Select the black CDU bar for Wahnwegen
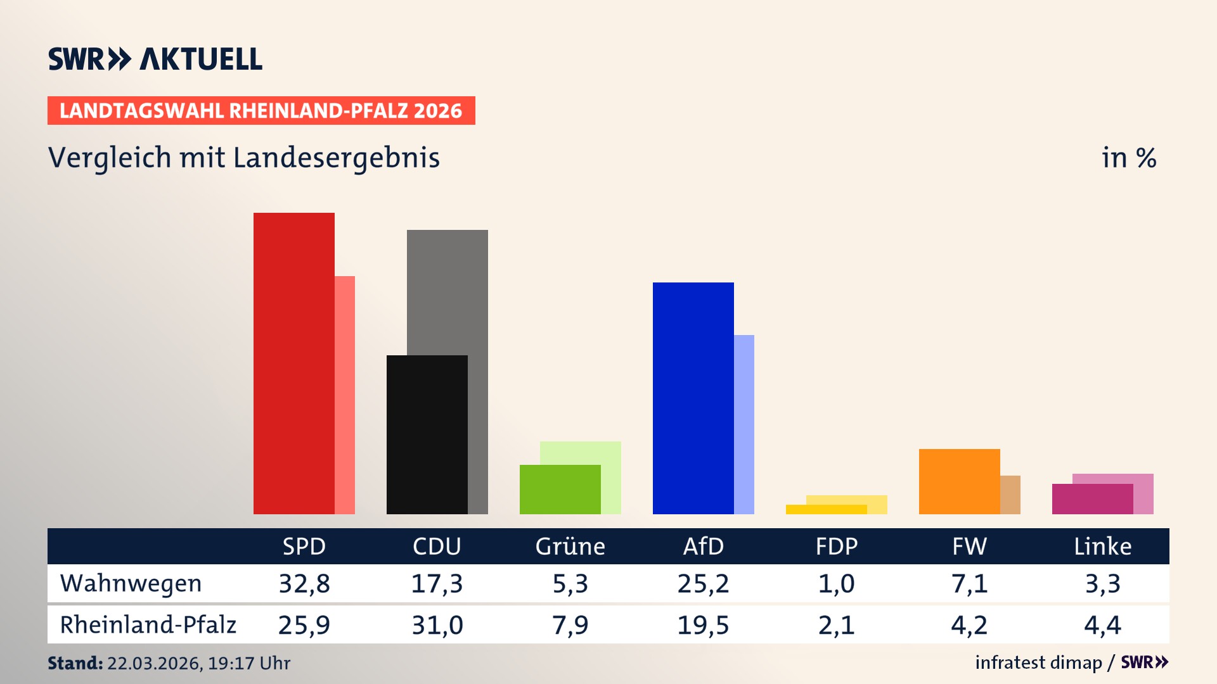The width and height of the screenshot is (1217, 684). tap(427, 434)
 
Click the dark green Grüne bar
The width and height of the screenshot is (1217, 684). tap(560, 489)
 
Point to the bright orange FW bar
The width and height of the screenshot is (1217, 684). tap(959, 481)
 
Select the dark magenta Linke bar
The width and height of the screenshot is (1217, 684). tap(1092, 499)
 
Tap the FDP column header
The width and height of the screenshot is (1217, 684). tap(836, 546)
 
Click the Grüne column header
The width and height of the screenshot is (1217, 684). tap(570, 546)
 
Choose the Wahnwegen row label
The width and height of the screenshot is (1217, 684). tap(131, 583)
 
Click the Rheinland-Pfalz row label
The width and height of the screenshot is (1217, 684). tap(148, 624)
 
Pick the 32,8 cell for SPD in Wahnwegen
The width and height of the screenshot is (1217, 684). tap(304, 583)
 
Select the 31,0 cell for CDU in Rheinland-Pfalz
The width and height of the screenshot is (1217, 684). tap(437, 625)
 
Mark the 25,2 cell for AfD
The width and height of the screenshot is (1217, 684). tap(703, 583)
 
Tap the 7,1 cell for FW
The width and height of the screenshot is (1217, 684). tap(969, 583)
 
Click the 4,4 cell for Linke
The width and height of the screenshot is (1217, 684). tap(1102, 625)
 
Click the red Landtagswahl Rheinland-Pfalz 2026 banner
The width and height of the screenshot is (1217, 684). tap(261, 111)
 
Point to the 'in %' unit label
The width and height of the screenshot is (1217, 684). tap(1128, 158)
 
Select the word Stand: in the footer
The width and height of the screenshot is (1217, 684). tap(75, 663)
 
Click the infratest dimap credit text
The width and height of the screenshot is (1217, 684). tap(1038, 662)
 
